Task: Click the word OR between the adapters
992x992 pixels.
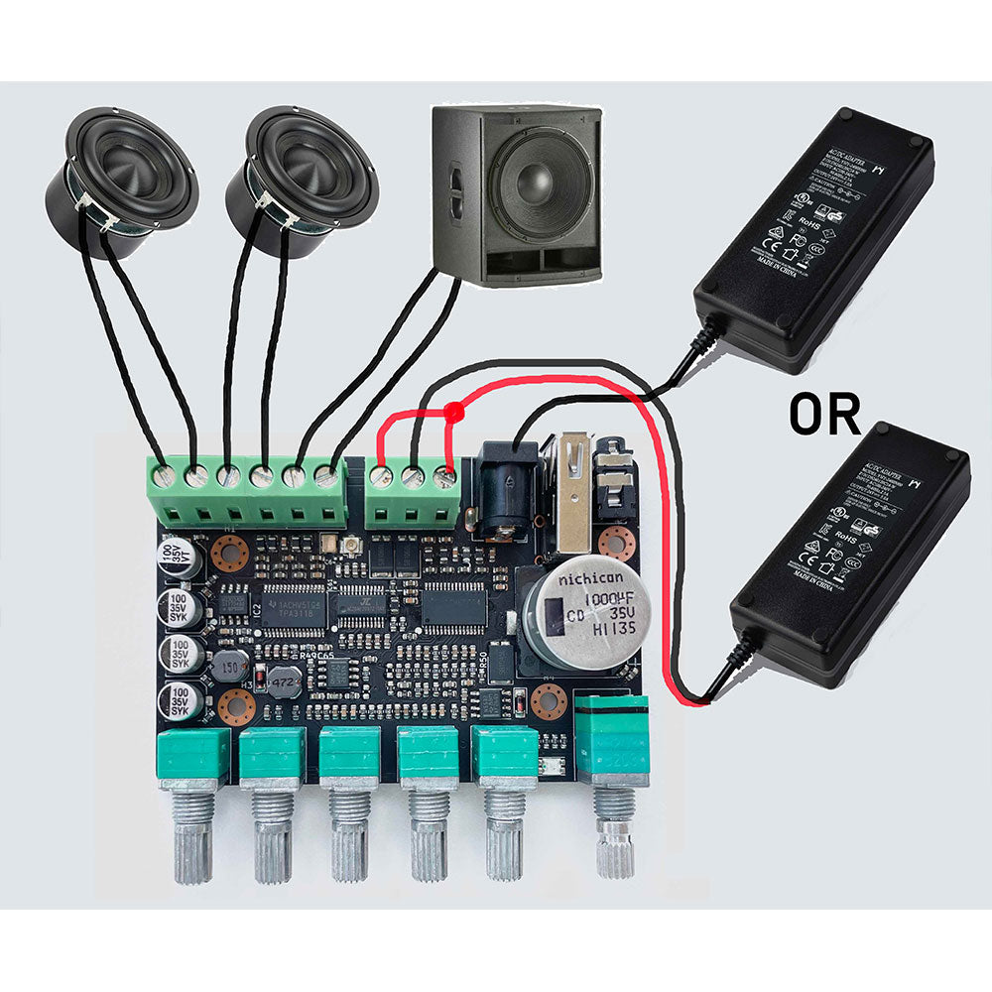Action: coord(824,415)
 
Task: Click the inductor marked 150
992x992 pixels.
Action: coord(230,663)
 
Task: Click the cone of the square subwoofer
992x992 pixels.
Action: coord(540,189)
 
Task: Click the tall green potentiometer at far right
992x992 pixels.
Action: coord(613,739)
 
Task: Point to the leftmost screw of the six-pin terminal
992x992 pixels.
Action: coord(166,476)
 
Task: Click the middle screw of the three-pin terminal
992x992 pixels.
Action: coord(413,477)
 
